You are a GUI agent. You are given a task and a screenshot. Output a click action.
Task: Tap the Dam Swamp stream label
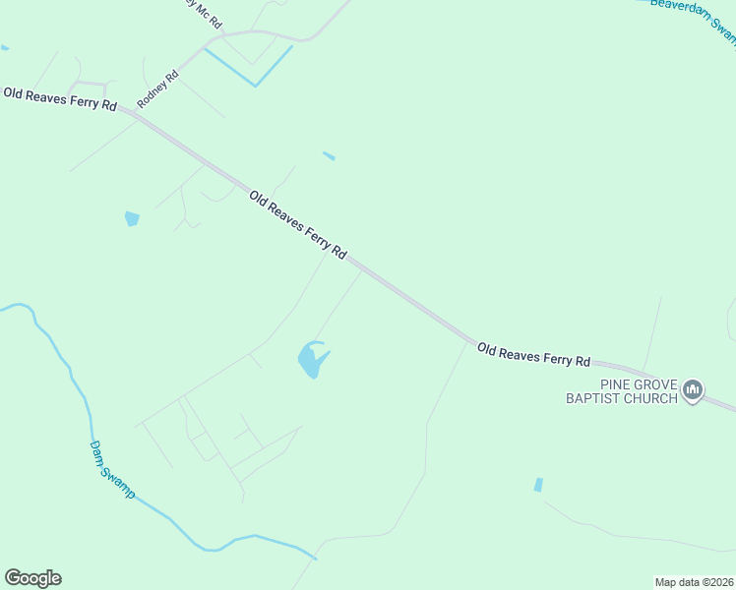tap(112, 469)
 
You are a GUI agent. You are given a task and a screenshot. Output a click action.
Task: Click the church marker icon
tap(693, 391)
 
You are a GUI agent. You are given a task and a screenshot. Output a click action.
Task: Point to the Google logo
tap(32, 578)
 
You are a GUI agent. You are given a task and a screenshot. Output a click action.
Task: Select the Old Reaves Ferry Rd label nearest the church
tap(533, 353)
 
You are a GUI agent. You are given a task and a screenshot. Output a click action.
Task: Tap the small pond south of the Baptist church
tap(537, 485)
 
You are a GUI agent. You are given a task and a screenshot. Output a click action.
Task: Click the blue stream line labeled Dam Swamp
tap(59, 354)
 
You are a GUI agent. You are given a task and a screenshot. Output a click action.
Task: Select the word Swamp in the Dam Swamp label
tap(120, 481)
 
